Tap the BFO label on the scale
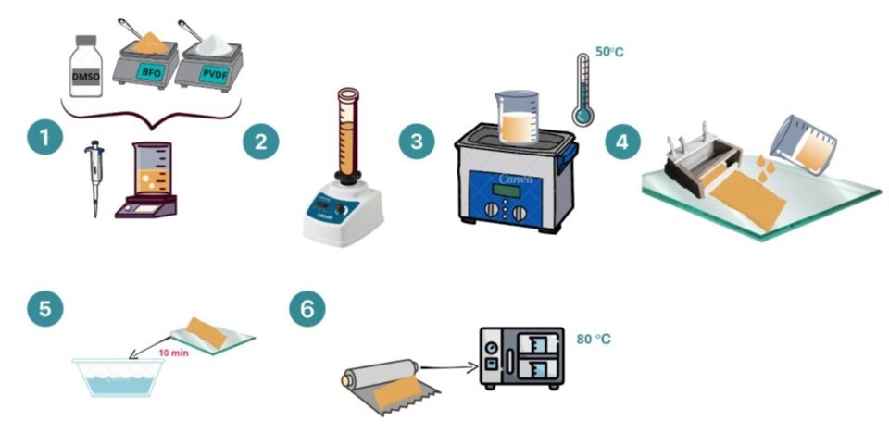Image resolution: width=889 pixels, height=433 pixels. pyautogui.click(x=151, y=69)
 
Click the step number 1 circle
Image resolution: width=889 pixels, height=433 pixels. pyautogui.click(x=44, y=142)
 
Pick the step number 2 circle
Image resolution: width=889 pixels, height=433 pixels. pyautogui.click(x=260, y=142)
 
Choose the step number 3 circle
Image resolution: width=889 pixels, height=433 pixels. pyautogui.click(x=416, y=142)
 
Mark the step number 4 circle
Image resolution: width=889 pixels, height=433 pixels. pyautogui.click(x=622, y=142)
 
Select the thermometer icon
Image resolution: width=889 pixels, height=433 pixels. pyautogui.click(x=582, y=88)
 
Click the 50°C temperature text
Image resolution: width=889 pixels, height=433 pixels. pyautogui.click(x=608, y=52)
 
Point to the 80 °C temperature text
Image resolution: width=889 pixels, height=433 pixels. pyautogui.click(x=594, y=340)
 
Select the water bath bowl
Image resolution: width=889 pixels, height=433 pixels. pyautogui.click(x=119, y=377)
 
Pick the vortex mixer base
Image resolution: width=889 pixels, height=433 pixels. pyautogui.click(x=344, y=219)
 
